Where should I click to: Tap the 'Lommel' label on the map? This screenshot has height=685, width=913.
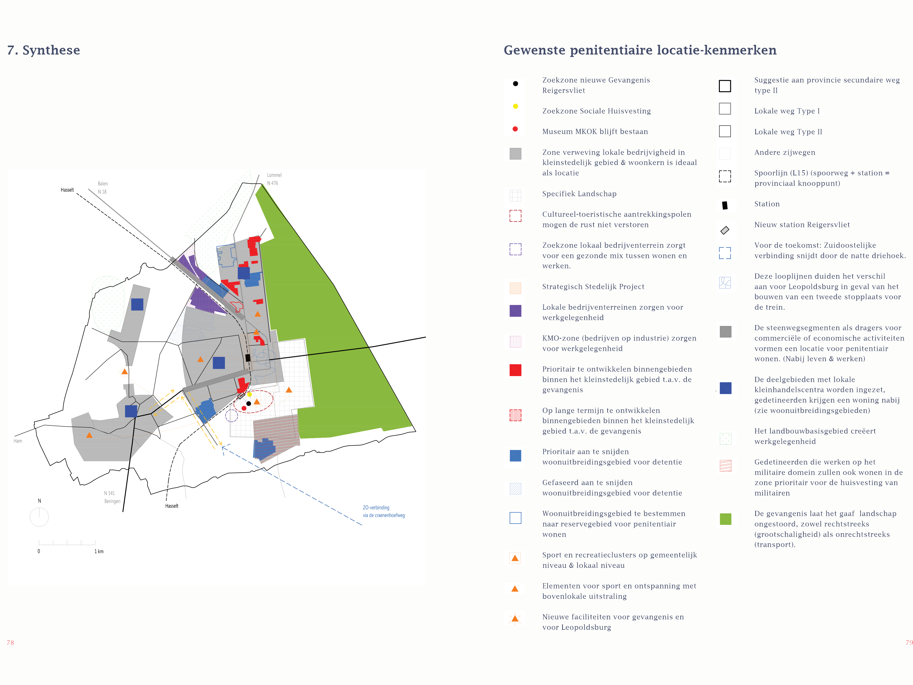coord(274,175)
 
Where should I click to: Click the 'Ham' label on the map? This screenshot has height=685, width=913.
coord(18,441)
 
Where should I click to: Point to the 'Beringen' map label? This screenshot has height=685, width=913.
coord(112,501)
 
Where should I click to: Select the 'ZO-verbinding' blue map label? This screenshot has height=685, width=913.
coord(376,507)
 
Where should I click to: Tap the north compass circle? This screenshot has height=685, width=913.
coord(39,517)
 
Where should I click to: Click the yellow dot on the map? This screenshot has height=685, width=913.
coord(249,395)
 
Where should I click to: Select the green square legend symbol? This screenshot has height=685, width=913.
coord(725,519)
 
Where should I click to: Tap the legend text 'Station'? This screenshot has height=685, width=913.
coord(767,204)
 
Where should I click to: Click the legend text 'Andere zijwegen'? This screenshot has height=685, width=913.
coord(785,152)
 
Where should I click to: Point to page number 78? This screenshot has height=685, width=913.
coord(10,643)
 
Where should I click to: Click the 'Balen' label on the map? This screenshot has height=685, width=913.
coord(103,184)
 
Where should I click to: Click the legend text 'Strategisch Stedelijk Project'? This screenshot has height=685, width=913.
coord(593,287)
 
